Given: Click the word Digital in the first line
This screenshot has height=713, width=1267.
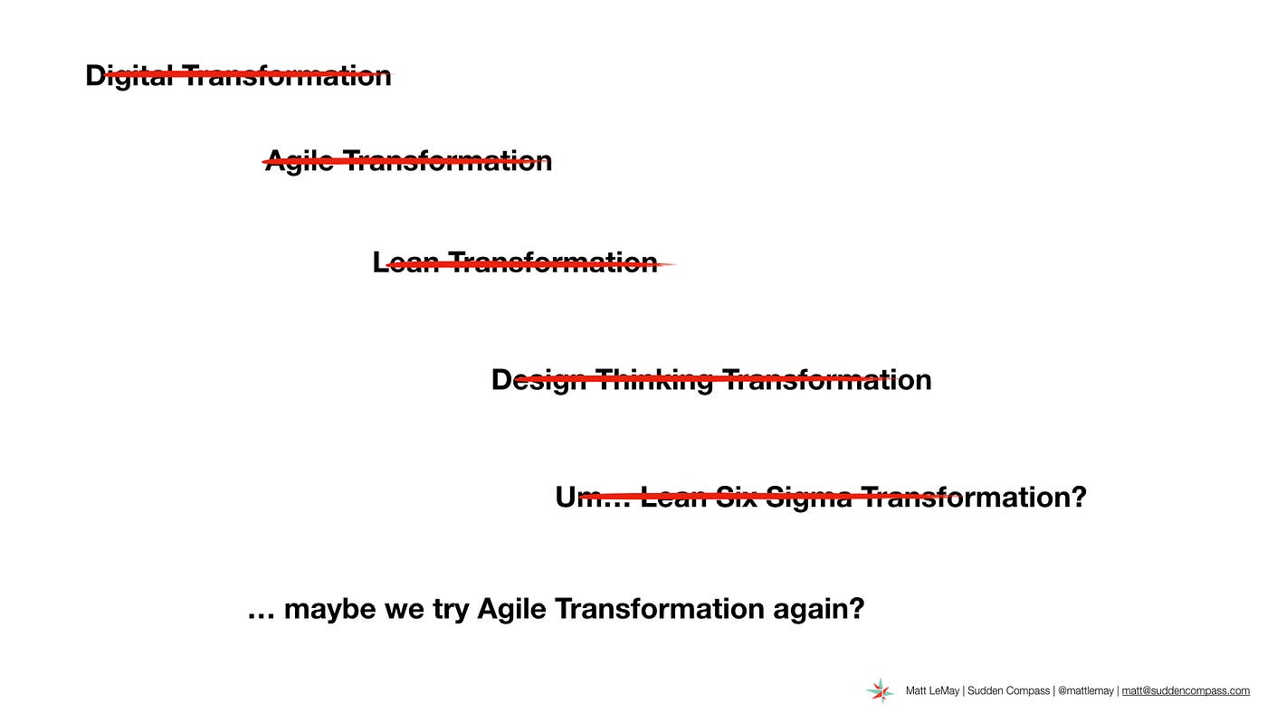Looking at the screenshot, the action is click(129, 76).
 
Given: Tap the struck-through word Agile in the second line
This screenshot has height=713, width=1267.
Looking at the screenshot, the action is click(300, 162).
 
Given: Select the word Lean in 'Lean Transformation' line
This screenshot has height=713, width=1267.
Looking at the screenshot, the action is click(405, 261).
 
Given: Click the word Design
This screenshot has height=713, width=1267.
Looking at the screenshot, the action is click(538, 380).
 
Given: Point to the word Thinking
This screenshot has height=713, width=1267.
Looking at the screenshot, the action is click(654, 380).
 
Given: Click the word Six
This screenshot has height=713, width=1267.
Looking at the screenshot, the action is click(736, 497).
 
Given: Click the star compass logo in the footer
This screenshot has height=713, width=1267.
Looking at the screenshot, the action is click(880, 690).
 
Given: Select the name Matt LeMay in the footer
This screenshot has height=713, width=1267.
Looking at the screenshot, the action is click(932, 691).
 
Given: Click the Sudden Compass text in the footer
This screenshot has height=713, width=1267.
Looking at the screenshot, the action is click(1008, 691).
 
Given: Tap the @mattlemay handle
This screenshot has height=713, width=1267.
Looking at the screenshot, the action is click(1086, 691).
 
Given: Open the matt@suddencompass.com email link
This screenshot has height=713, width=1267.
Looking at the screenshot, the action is click(1186, 691).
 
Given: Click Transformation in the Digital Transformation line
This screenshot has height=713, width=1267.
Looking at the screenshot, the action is click(288, 76).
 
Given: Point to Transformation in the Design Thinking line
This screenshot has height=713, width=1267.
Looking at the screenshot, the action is click(827, 380).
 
